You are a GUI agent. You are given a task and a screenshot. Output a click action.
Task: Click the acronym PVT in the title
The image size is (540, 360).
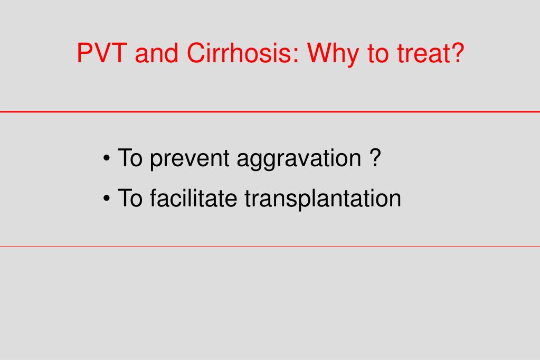click(x=102, y=53)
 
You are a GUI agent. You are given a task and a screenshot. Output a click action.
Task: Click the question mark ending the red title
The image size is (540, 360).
click(x=457, y=53)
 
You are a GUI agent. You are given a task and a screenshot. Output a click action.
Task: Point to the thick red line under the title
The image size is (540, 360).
click(x=270, y=111)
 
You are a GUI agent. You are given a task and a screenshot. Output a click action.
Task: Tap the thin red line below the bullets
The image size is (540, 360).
click(x=270, y=247)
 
